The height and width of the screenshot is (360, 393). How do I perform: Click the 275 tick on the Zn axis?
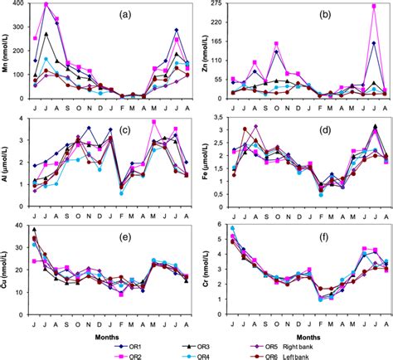tap(216, 5)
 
